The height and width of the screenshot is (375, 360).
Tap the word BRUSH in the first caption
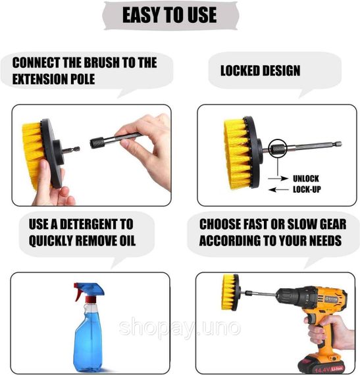pos(101,63)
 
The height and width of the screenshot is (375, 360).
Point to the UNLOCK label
pos(306,179)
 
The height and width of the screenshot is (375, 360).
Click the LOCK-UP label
pos(307,189)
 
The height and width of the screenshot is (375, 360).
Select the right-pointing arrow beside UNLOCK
pos(278,178)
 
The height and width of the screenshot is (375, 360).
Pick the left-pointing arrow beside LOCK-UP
pos(278,190)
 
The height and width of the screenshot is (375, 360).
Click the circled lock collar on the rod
pos(278,149)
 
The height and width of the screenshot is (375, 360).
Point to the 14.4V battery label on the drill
pos(329,370)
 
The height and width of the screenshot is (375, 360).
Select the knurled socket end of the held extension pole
pos(97,143)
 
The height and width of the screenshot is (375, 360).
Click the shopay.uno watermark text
pos(180,328)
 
